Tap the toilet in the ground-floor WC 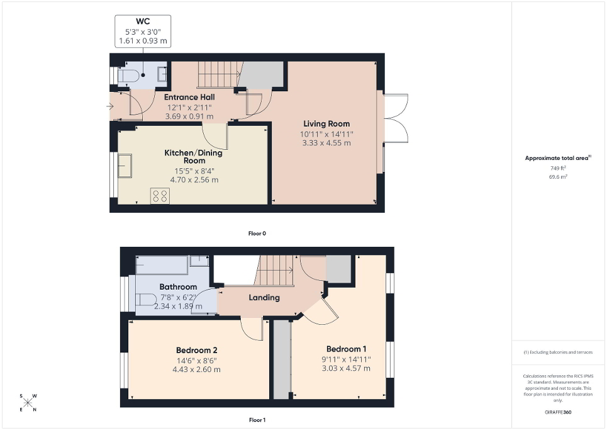[x=129, y=76]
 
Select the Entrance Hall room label [x=189, y=97]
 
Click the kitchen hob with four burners [x=160, y=196]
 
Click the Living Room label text [x=326, y=123]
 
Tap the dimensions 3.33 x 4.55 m [x=326, y=143]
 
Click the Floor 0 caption [x=257, y=234]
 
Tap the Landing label [x=264, y=297]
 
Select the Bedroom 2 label [x=196, y=349]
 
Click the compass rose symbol [x=28, y=402]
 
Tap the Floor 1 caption [x=257, y=419]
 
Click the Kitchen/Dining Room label [x=193, y=156]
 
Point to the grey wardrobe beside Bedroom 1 [x=282, y=359]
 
